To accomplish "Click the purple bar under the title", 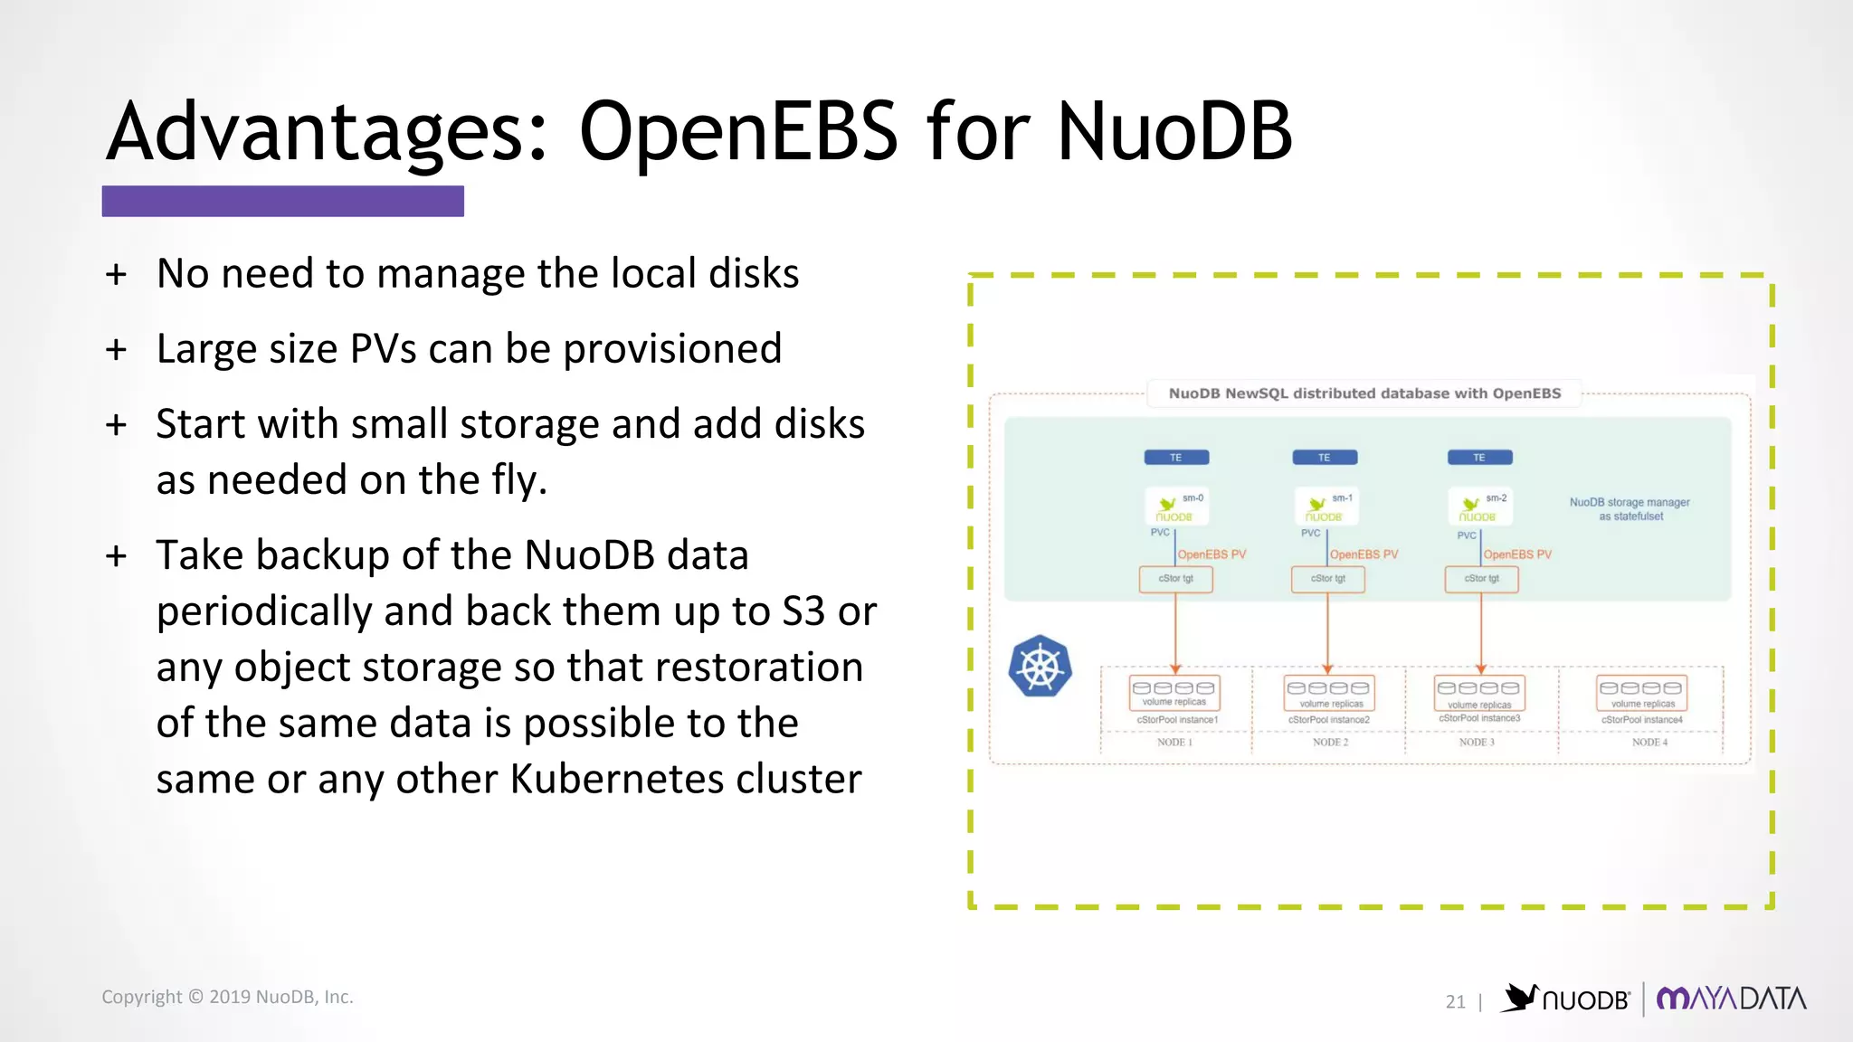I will click(282, 201).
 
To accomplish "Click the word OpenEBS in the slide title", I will click(737, 132).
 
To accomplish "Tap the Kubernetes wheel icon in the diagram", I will click(1041, 667).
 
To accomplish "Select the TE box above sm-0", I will click(1176, 458).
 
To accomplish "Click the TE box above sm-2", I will click(1479, 458).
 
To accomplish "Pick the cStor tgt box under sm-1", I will click(1327, 579).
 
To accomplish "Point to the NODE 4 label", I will click(1649, 743).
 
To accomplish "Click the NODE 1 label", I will click(1174, 743).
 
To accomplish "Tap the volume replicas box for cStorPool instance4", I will click(1641, 694).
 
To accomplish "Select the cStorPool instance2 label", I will click(1328, 720).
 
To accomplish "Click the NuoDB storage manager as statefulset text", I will click(1630, 509).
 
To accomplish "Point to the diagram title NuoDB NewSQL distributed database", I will click(1364, 393).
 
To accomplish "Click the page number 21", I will click(1455, 1001).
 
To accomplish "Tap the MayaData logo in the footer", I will click(1731, 999).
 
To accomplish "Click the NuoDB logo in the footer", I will click(1566, 999).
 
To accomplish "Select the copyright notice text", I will click(227, 997).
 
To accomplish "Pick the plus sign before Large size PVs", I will click(116, 349).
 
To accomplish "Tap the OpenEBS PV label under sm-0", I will click(1212, 554).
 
